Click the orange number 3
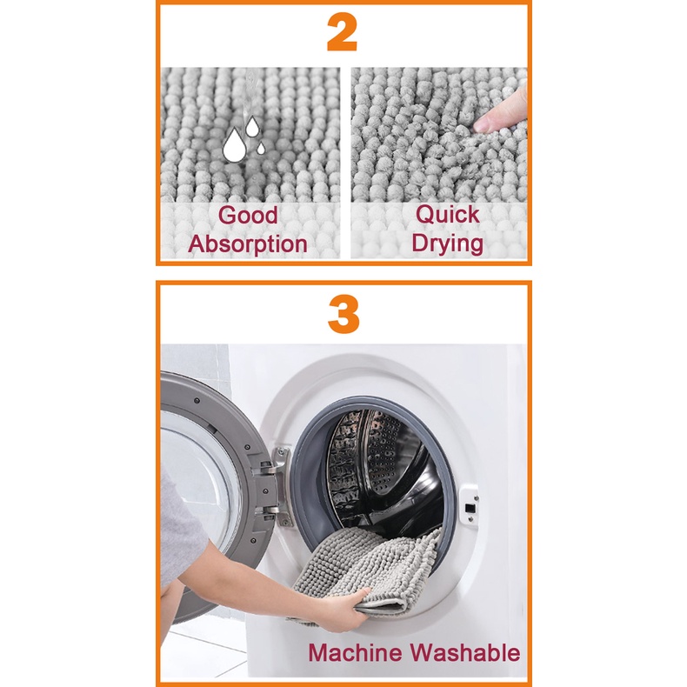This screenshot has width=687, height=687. tap(343, 315)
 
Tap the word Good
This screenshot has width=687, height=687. tap(248, 215)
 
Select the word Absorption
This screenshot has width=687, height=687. tap(248, 243)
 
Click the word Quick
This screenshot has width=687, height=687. tap(447, 215)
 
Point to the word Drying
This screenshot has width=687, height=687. tap(447, 243)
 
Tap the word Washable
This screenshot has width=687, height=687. tap(465, 652)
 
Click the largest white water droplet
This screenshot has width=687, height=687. tap(234, 145)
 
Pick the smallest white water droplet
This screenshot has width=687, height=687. tap(261, 149)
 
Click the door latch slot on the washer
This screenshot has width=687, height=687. tap(470, 509)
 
